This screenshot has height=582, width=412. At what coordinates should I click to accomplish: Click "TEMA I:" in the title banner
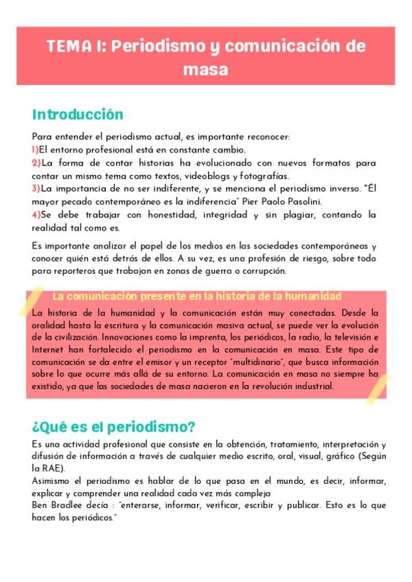pyautogui.click(x=75, y=47)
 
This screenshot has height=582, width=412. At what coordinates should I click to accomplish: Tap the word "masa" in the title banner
pyautogui.click(x=205, y=70)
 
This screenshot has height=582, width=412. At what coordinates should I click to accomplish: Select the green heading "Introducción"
pyautogui.click(x=78, y=114)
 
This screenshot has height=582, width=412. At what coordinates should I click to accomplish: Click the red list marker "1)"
pyautogui.click(x=35, y=149)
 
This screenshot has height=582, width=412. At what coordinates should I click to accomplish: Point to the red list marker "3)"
pyautogui.click(x=36, y=188)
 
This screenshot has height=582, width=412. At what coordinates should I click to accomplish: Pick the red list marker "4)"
pyautogui.click(x=36, y=215)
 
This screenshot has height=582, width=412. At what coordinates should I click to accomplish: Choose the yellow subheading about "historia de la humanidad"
pyautogui.click(x=196, y=296)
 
